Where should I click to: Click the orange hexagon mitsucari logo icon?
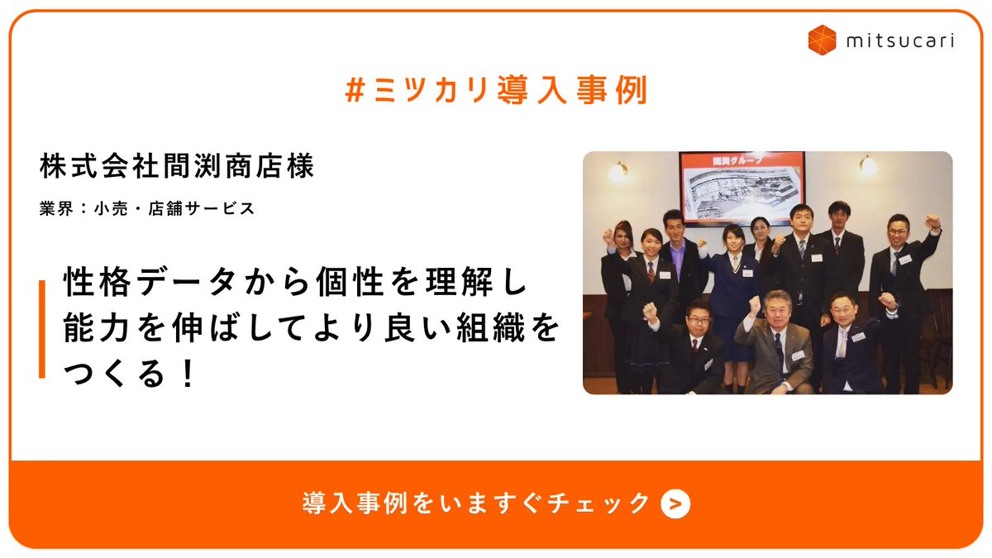[x=823, y=39]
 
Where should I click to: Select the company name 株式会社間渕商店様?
[x=177, y=166]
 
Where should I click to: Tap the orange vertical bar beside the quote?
[x=41, y=329]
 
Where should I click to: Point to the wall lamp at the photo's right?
[x=867, y=165]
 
